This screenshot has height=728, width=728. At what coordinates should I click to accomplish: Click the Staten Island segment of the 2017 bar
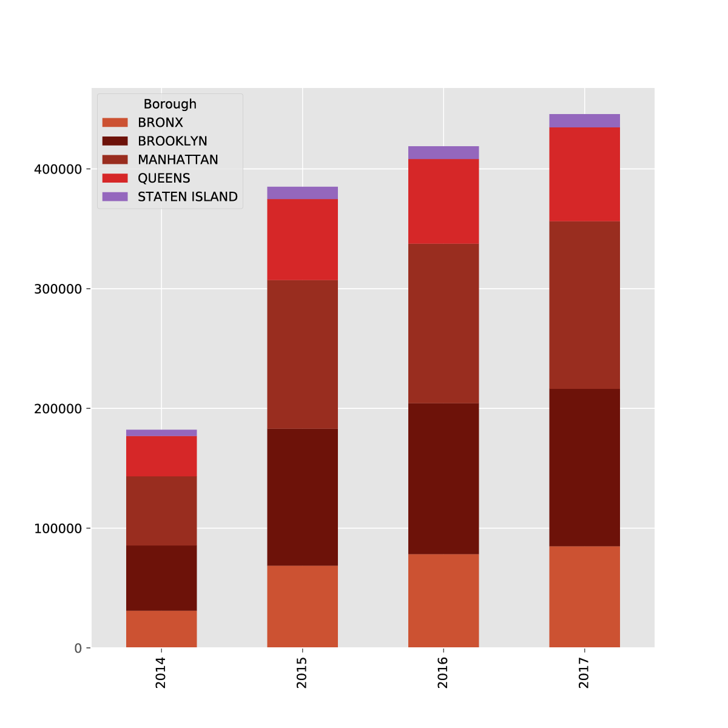coord(584,121)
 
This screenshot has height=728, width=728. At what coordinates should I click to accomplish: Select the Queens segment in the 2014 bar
coord(161,456)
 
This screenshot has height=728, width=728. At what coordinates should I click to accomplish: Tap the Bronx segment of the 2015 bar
coord(302,607)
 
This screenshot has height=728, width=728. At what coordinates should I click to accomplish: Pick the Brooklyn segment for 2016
coord(443,479)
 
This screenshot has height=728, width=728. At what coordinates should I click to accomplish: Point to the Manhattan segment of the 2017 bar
coord(584,305)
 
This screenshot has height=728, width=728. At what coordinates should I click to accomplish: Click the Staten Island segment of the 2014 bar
coord(161,433)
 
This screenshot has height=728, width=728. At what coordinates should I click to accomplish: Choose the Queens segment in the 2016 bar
coord(443,201)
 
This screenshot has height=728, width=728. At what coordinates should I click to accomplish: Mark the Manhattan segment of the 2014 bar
coord(161,511)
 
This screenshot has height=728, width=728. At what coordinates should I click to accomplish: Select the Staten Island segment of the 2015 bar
coord(302,193)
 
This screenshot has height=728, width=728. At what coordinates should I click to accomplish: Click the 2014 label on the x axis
coord(161,673)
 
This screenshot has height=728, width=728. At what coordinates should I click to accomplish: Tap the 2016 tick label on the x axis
coord(443,673)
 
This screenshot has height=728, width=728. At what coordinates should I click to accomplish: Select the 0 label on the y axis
coord(78,649)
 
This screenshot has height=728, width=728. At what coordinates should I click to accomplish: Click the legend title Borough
coord(170,104)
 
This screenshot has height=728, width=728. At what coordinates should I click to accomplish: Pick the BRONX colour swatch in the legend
coord(115,123)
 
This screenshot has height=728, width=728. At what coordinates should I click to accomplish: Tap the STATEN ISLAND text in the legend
coord(187,197)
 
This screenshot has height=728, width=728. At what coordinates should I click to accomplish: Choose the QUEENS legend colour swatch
coord(115,178)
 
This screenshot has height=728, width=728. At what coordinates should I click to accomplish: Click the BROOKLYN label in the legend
coord(172,141)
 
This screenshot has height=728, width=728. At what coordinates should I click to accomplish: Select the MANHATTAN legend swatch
coord(115,160)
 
